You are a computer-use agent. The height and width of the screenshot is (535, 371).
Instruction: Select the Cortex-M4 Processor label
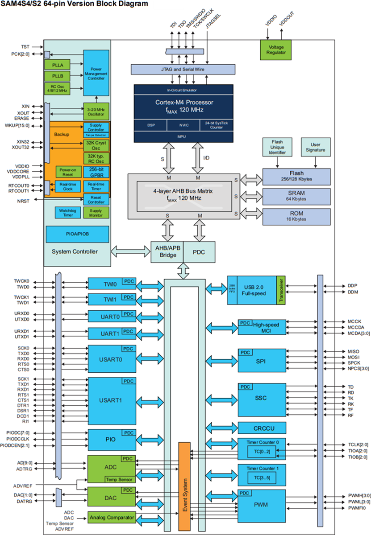point(183,102)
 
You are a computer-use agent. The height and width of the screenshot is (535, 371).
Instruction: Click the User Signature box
point(316,148)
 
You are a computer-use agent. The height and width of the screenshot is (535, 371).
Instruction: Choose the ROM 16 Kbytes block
point(296,216)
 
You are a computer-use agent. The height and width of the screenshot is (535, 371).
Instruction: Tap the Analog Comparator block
point(111,517)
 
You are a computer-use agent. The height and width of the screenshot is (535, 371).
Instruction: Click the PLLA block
point(57,64)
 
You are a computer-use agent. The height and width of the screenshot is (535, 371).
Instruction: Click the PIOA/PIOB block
point(77,234)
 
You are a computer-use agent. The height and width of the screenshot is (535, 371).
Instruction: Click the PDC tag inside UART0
point(128,314)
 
